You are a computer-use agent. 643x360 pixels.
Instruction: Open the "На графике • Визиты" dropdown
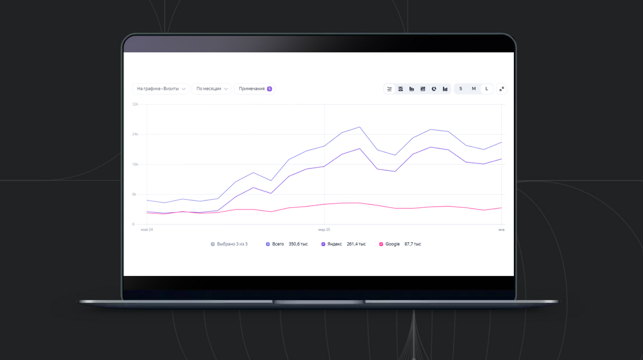pyautogui.click(x=160, y=89)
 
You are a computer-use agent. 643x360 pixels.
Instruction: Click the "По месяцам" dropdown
pyautogui.click(x=211, y=89)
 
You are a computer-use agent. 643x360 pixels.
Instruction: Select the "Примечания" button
pyautogui.click(x=251, y=89)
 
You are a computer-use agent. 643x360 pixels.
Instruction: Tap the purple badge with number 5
pyautogui.click(x=269, y=89)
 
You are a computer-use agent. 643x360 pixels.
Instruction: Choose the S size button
pyautogui.click(x=461, y=89)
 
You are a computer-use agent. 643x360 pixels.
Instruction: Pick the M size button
pyautogui.click(x=474, y=89)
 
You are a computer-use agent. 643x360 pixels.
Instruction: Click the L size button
pyautogui.click(x=487, y=89)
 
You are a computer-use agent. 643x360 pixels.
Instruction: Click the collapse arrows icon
pyautogui.click(x=502, y=89)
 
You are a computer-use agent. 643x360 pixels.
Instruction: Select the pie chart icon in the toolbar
pyautogui.click(x=434, y=89)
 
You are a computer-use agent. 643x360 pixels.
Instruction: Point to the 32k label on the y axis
pyautogui.click(x=136, y=104)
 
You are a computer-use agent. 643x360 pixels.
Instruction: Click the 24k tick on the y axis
pyautogui.click(x=136, y=134)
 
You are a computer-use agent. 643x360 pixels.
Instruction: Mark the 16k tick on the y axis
pyautogui.click(x=136, y=164)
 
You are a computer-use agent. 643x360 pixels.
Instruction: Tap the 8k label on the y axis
pyautogui.click(x=136, y=194)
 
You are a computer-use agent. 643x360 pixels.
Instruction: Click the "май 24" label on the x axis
pyautogui.click(x=147, y=230)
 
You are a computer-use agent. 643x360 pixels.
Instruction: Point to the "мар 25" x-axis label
pyautogui.click(x=324, y=230)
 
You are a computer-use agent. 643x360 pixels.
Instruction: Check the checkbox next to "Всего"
pyautogui.click(x=268, y=244)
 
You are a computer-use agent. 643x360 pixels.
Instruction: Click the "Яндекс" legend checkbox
pyautogui.click(x=323, y=244)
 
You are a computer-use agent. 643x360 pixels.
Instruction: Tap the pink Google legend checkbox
pyautogui.click(x=381, y=244)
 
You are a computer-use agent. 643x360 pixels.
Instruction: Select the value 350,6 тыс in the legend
pyautogui.click(x=298, y=244)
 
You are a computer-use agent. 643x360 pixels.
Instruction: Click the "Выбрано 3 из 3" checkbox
pyautogui.click(x=213, y=244)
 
